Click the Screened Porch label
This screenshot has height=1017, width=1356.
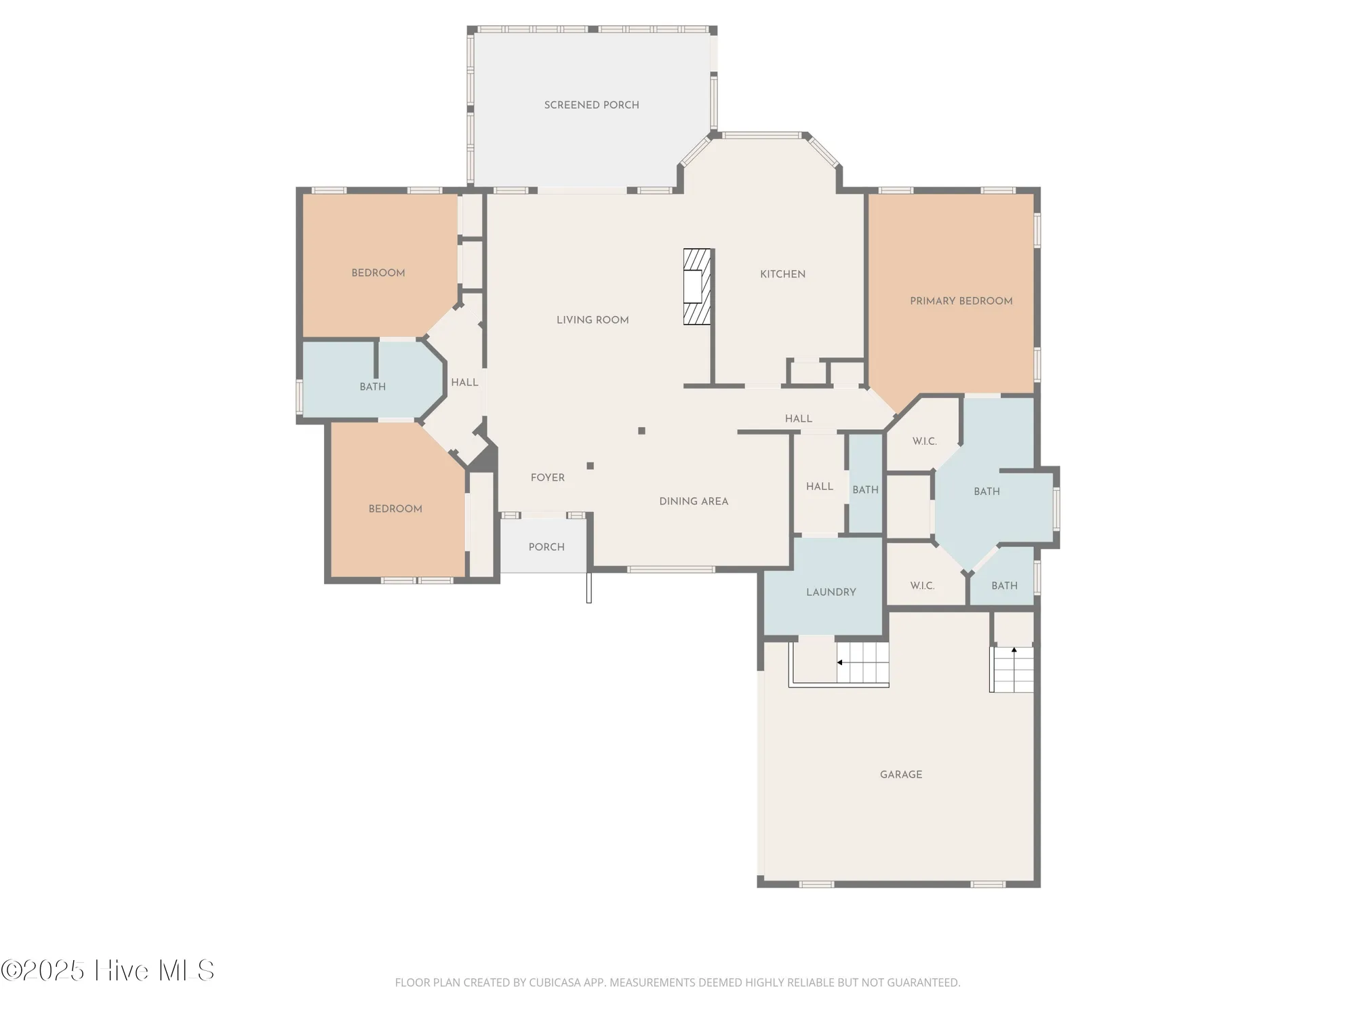click(x=591, y=105)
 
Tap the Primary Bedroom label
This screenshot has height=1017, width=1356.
click(x=961, y=301)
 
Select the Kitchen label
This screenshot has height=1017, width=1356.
click(x=782, y=274)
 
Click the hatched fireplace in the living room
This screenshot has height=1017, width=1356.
click(x=697, y=286)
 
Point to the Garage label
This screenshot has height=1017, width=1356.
click(x=900, y=774)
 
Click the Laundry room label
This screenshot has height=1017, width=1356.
click(x=831, y=592)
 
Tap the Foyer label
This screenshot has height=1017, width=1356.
click(x=547, y=477)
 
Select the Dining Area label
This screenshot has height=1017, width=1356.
click(x=693, y=501)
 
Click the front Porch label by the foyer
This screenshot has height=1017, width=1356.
click(x=546, y=546)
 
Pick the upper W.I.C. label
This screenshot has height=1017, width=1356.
click(x=924, y=441)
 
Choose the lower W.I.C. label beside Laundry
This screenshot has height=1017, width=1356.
click(x=921, y=586)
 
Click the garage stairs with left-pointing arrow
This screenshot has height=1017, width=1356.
click(x=862, y=662)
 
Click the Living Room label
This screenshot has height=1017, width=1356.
click(x=592, y=320)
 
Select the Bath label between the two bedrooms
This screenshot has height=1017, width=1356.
click(x=372, y=386)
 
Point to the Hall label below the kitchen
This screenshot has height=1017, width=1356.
click(x=798, y=418)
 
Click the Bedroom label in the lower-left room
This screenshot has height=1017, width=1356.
click(x=395, y=509)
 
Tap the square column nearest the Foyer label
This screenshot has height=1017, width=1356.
click(x=590, y=466)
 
